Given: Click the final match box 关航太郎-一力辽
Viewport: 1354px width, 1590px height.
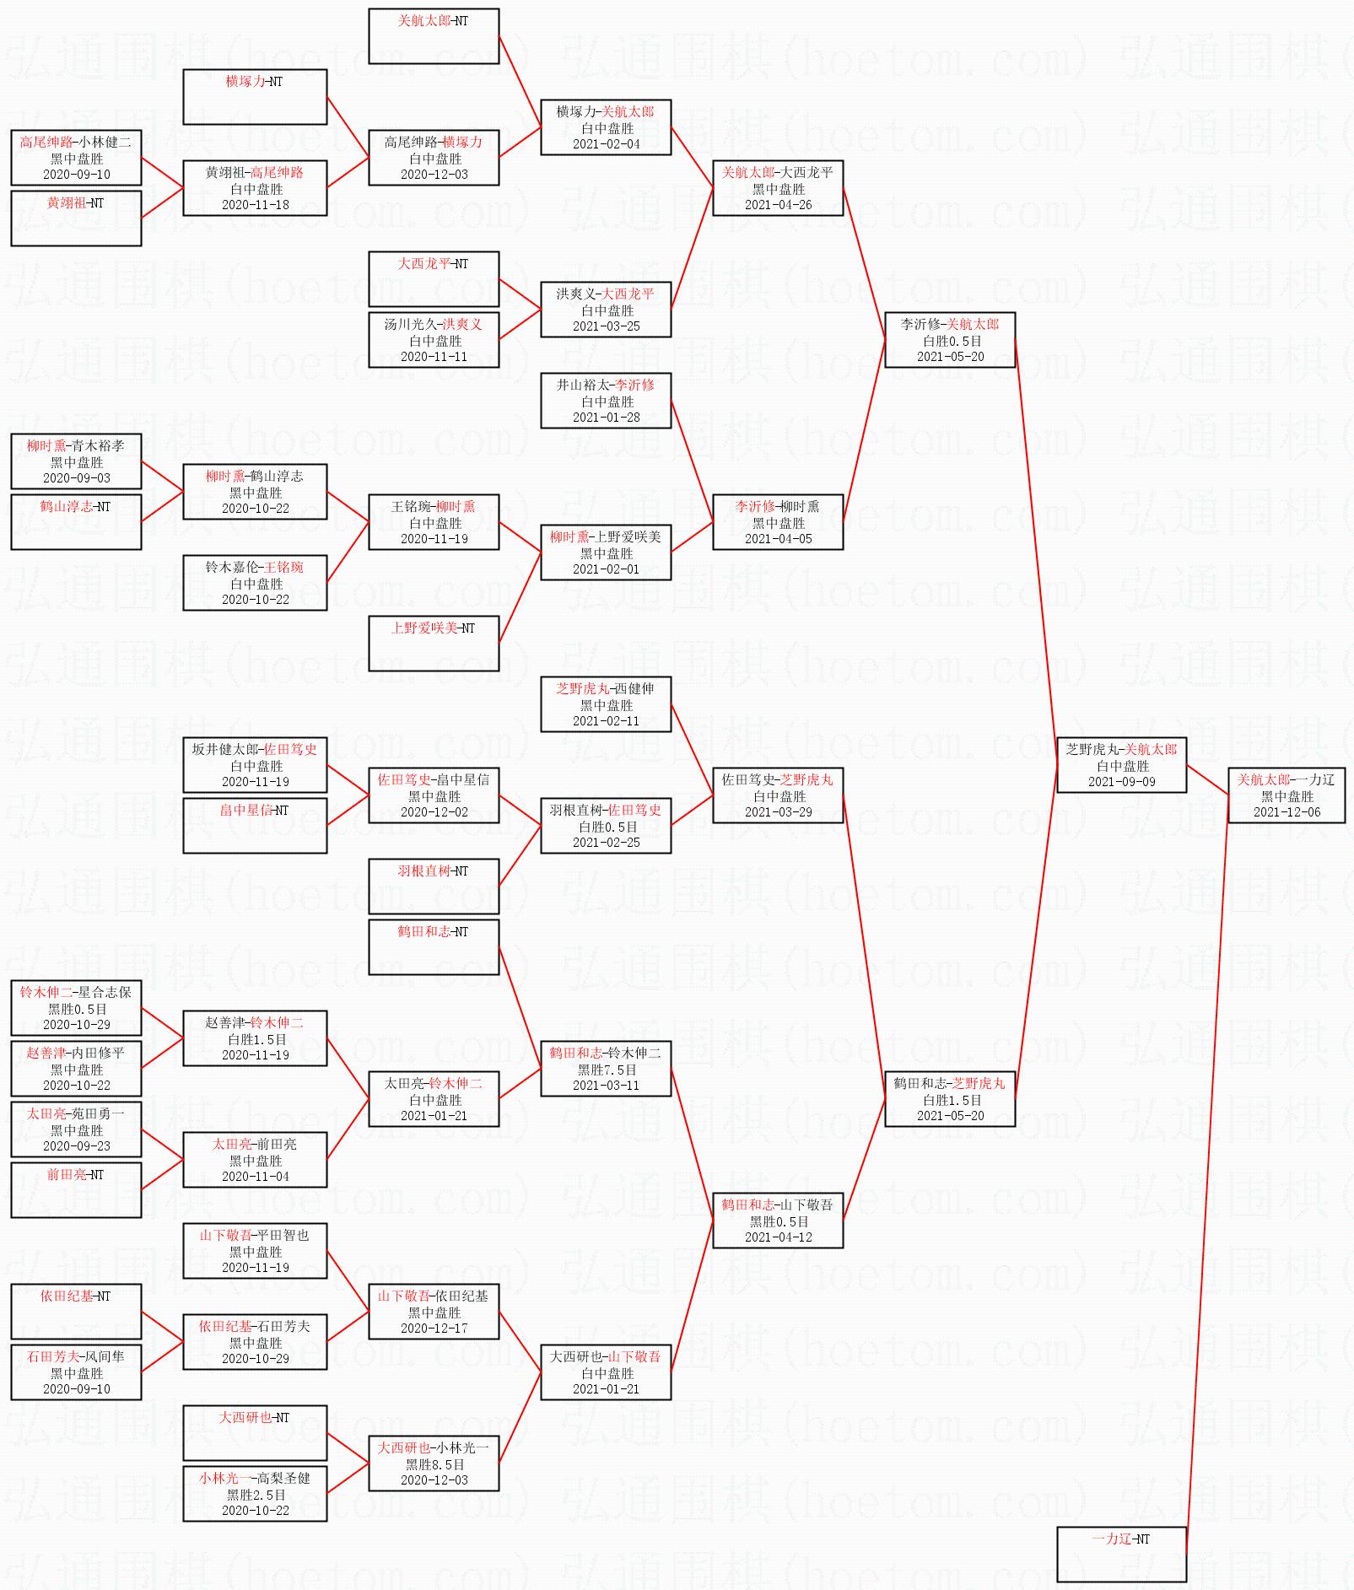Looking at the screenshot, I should (x=1287, y=795).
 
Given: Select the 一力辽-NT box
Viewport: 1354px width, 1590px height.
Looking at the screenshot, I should (x=1121, y=1555).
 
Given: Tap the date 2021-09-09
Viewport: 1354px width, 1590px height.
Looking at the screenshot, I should (x=1121, y=782).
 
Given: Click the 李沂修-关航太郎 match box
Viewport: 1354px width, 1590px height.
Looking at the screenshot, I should (x=949, y=340).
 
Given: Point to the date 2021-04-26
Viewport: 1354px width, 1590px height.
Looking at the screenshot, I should (x=778, y=205).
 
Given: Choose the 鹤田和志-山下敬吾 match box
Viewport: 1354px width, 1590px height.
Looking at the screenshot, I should (x=778, y=1221).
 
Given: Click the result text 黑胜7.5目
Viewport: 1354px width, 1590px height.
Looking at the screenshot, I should (x=607, y=1070).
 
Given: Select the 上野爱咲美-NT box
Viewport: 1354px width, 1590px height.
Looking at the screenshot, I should (x=434, y=644).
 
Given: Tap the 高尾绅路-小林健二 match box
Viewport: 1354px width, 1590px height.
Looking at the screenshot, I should (x=76, y=158).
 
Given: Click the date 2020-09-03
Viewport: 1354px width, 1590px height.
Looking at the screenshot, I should (x=76, y=478).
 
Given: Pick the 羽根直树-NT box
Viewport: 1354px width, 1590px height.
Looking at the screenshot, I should (x=434, y=887).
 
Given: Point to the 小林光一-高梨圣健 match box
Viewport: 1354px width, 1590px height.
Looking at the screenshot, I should (x=255, y=1494).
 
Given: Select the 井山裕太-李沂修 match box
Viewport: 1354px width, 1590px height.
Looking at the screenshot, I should (x=606, y=401).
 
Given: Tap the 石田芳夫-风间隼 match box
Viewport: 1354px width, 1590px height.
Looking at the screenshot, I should (x=76, y=1372).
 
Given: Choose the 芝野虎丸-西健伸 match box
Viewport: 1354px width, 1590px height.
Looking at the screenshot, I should (x=606, y=704).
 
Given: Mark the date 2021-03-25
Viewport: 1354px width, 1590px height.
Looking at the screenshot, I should (x=606, y=326).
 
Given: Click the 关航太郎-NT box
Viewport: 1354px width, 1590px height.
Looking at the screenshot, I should (x=434, y=36).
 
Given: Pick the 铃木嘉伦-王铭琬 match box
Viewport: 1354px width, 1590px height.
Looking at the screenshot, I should (x=255, y=583).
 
